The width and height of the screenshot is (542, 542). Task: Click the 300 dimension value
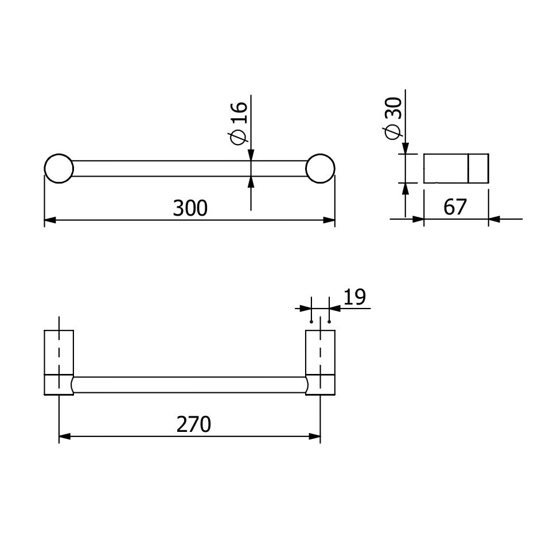(190, 208)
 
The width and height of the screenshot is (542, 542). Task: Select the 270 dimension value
(194, 424)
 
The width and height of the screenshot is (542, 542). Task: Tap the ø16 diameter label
(239, 123)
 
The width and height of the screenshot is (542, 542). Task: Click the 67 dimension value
(455, 207)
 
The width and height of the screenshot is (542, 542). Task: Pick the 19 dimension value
(354, 297)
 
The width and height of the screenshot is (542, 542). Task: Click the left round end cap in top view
(59, 169)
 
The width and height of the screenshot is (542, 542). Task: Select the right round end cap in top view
(321, 169)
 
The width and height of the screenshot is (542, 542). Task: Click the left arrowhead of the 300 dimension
(50, 220)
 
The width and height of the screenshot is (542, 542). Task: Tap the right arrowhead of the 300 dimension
(329, 220)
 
